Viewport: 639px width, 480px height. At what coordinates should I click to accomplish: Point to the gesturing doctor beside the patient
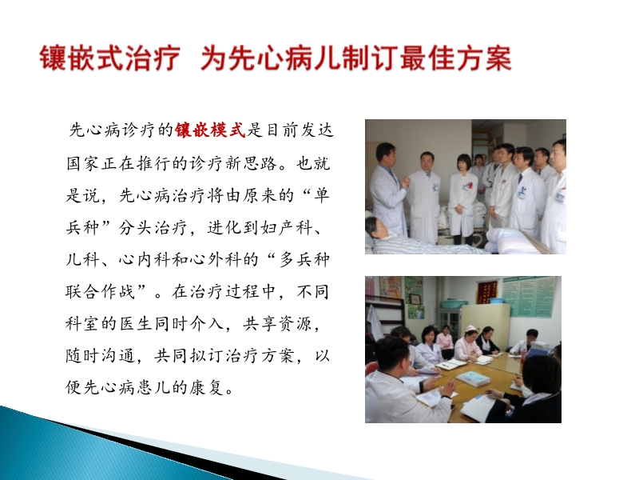[x=387, y=192]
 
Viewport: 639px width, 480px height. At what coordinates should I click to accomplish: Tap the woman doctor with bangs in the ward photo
[x=462, y=192]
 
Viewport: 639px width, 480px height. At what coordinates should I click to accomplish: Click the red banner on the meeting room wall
[x=487, y=291]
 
